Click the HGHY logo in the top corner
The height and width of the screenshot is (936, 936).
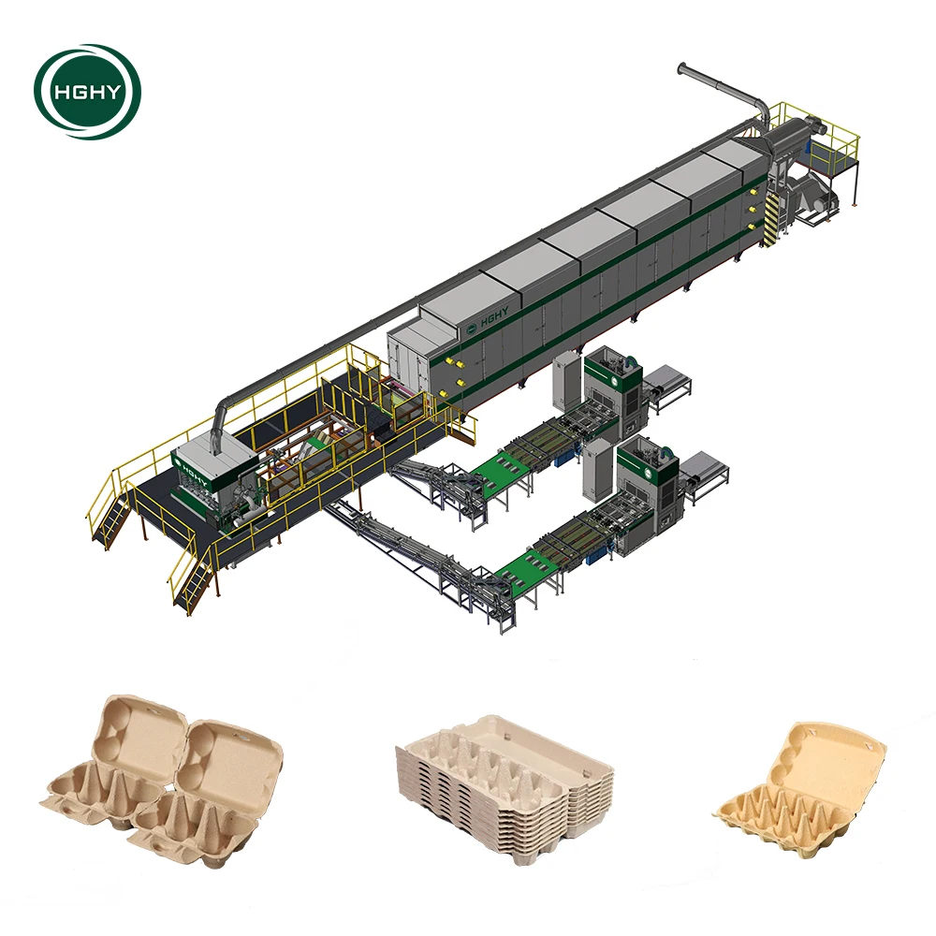pyautogui.click(x=87, y=92)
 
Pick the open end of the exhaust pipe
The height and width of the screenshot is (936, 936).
pyautogui.click(x=682, y=67)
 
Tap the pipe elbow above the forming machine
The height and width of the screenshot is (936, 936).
pyautogui.click(x=224, y=413)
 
